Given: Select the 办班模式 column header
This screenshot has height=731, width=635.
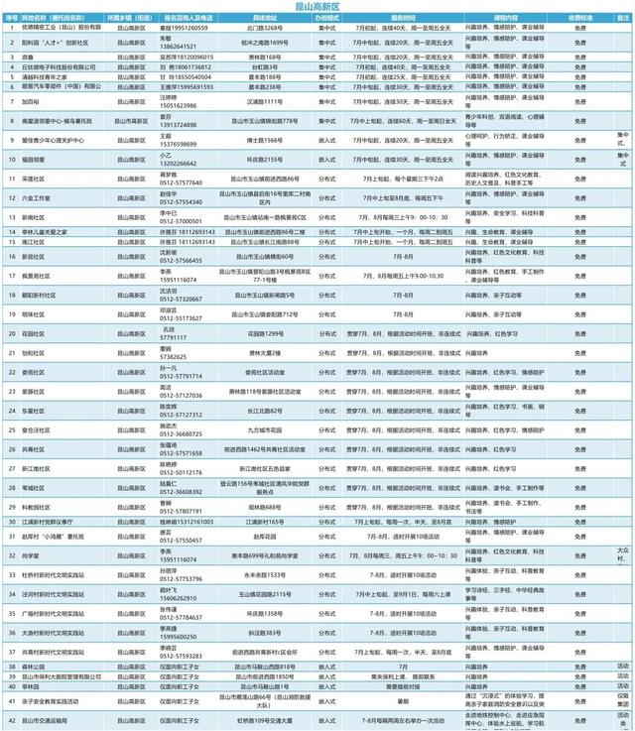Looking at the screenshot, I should pos(327,18).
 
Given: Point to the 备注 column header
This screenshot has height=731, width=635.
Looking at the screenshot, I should pos(622,18).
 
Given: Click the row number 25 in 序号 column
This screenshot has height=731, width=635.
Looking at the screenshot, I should pos(8,432).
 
